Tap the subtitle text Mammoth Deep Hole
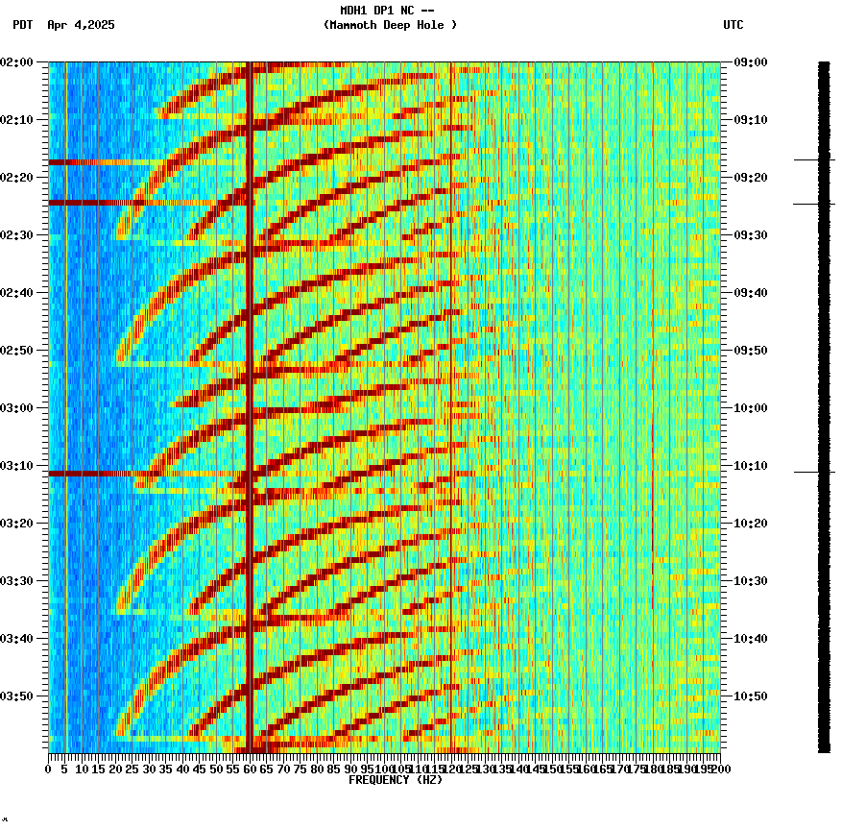[390, 25]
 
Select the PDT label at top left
[22, 25]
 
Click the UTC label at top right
[733, 25]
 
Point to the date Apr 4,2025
[81, 25]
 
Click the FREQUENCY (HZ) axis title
[396, 780]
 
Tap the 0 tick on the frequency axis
[49, 769]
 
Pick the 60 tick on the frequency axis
[250, 769]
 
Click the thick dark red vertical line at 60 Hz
[250, 384]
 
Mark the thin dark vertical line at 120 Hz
[451, 384]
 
